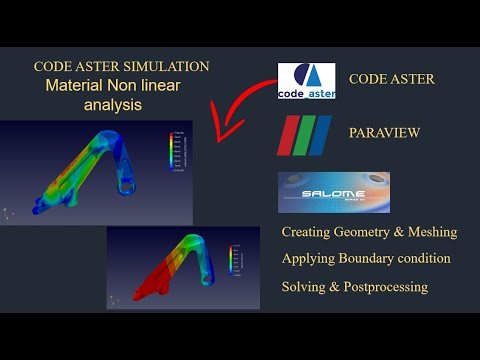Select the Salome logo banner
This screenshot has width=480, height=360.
click(x=333, y=192)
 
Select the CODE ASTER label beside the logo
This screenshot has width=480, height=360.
click(x=392, y=79)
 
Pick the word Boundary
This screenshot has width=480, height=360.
click(x=374, y=258)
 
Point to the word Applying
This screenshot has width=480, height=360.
click(x=311, y=258)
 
